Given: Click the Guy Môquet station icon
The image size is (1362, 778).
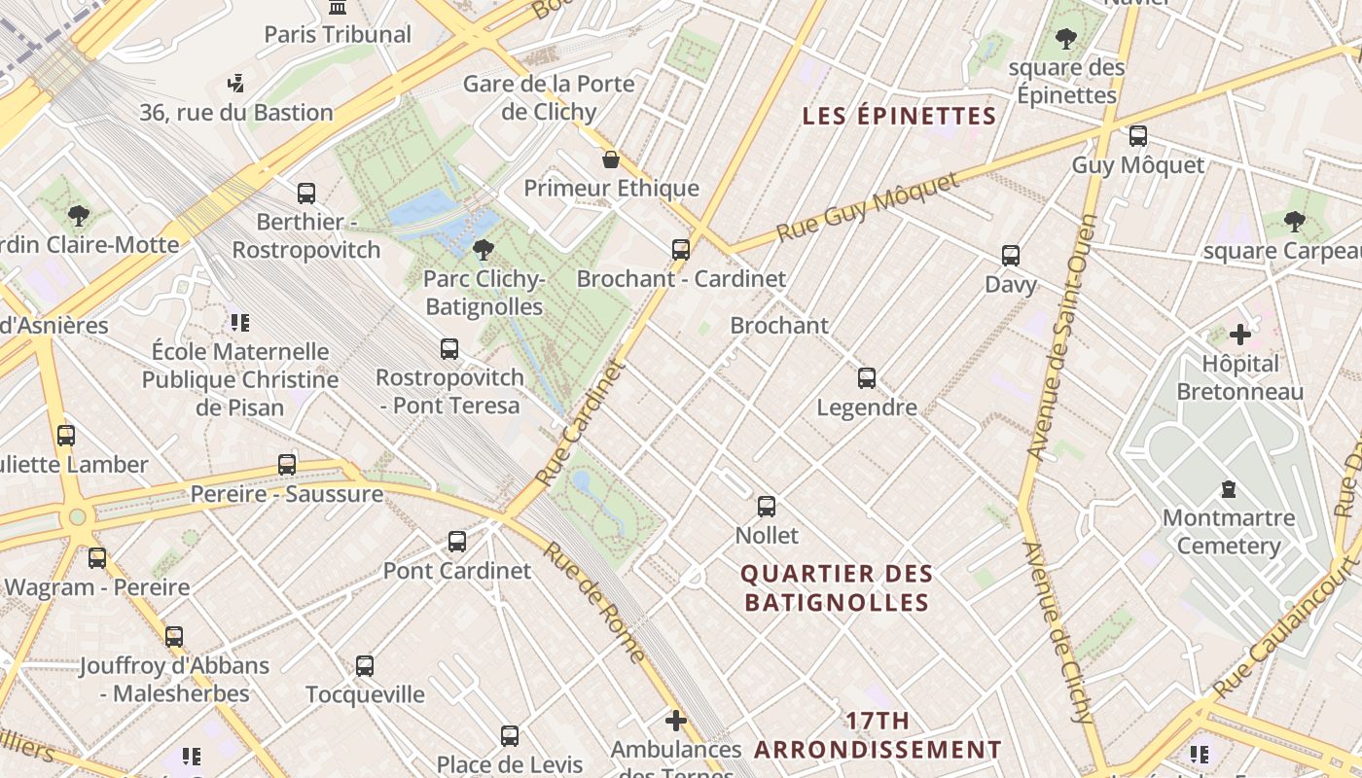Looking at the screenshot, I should (x=1137, y=136).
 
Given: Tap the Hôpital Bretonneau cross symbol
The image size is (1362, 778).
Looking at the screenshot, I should (x=1239, y=336).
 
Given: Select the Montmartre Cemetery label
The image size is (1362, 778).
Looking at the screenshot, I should (x=1228, y=531).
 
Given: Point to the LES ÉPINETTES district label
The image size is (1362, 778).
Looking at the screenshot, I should (x=899, y=117).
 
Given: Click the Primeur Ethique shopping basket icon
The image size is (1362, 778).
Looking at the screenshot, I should (x=611, y=159).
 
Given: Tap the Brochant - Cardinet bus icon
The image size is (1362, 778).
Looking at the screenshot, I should (x=680, y=250).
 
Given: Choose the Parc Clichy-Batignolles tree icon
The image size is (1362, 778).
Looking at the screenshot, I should (x=483, y=251).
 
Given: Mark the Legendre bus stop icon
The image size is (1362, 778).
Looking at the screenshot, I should (x=866, y=378).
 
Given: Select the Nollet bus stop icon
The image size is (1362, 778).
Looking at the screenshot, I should (x=767, y=507).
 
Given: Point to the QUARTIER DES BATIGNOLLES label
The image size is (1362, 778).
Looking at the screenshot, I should (x=837, y=588).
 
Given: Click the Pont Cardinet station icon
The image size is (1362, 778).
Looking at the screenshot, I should (x=456, y=542).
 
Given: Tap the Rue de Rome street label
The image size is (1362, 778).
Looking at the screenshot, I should (x=592, y=601).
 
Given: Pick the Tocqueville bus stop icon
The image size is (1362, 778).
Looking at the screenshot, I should (x=365, y=666).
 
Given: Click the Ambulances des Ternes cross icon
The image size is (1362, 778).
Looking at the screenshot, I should (x=675, y=721).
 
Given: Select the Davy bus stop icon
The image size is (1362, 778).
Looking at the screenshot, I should (x=1011, y=256).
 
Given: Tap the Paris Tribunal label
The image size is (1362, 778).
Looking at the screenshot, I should (x=338, y=35).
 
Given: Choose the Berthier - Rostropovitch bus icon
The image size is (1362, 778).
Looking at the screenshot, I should (x=306, y=194).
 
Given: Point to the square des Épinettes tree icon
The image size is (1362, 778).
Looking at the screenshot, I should (x=1066, y=40).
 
